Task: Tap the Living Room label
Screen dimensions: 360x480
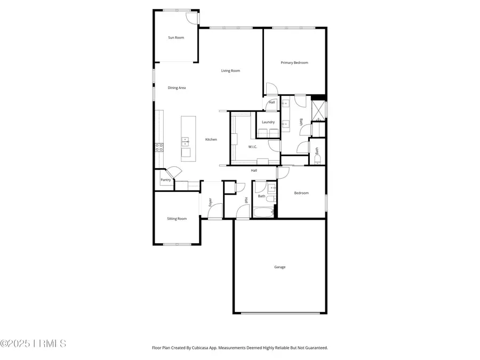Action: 231,70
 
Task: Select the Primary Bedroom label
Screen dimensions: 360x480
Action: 294,63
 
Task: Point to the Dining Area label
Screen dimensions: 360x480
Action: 177,87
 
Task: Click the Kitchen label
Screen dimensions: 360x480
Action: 211,140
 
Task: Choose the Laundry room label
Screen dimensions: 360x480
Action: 268,122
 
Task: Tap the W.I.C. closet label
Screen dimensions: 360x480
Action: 253,147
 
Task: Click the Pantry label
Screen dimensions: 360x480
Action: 166,180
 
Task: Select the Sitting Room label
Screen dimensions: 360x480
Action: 177,219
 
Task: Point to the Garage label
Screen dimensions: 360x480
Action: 280,267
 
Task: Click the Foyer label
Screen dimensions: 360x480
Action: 210,203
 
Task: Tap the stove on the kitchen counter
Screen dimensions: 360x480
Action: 159,147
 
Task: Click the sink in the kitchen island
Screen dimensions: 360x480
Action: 185,141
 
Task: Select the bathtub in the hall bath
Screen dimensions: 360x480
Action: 263,212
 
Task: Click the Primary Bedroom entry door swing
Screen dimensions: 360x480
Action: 270,88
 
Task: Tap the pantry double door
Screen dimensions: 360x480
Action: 174,173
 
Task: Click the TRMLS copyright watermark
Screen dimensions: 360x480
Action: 33,343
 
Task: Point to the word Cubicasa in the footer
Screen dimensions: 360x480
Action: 213,348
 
